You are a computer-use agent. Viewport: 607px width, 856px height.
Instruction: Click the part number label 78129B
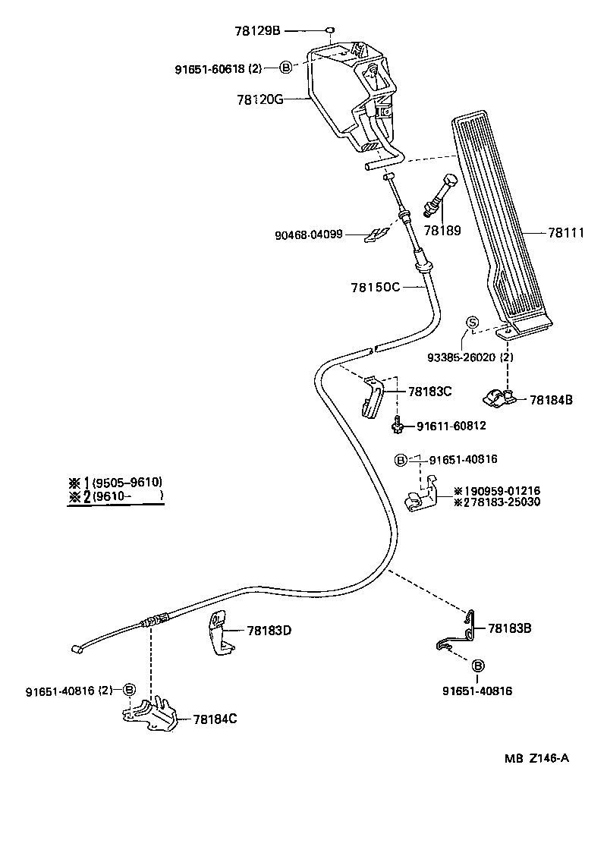coord(258,31)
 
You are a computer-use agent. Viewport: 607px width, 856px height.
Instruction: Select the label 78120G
coord(259,99)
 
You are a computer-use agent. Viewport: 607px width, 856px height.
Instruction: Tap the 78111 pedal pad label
coord(566,234)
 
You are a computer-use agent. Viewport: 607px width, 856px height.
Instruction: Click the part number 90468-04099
coord(309,235)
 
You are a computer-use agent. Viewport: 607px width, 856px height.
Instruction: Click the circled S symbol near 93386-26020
coord(471,323)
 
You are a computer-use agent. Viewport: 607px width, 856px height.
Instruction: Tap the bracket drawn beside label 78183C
coord(373,395)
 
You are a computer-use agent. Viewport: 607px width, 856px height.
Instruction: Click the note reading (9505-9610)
coord(127,483)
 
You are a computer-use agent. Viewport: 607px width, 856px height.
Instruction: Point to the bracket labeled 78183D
coord(221,634)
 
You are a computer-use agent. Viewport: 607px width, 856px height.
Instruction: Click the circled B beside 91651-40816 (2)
coord(129,690)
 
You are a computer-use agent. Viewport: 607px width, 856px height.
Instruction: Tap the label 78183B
coord(510,628)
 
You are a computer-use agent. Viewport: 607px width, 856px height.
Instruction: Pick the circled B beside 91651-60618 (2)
coord(286,68)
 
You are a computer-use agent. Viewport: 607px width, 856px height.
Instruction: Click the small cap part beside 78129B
coord(331,31)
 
